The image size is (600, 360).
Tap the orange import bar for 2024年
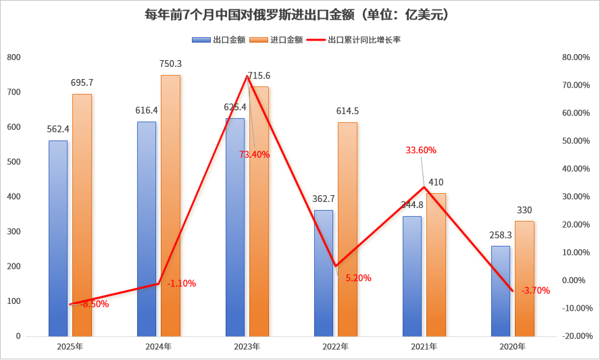pos(170,205)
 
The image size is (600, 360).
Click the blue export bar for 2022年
pos(324,273)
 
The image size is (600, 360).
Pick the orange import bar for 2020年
pos(524,278)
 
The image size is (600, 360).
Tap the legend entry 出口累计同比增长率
pos(359,40)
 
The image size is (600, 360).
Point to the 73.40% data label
pos(254,154)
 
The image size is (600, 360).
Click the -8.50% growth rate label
pos(94,304)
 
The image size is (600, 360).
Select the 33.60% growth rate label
pos(420,150)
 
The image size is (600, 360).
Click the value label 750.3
pos(170,63)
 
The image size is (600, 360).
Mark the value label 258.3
pos(501,234)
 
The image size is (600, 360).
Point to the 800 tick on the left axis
pos(14,57)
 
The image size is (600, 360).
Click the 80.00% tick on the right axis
pos(576,57)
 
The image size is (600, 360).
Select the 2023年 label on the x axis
pos(247,346)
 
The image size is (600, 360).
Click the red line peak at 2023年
pos(248,76)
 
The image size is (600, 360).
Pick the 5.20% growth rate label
pos(357,278)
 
